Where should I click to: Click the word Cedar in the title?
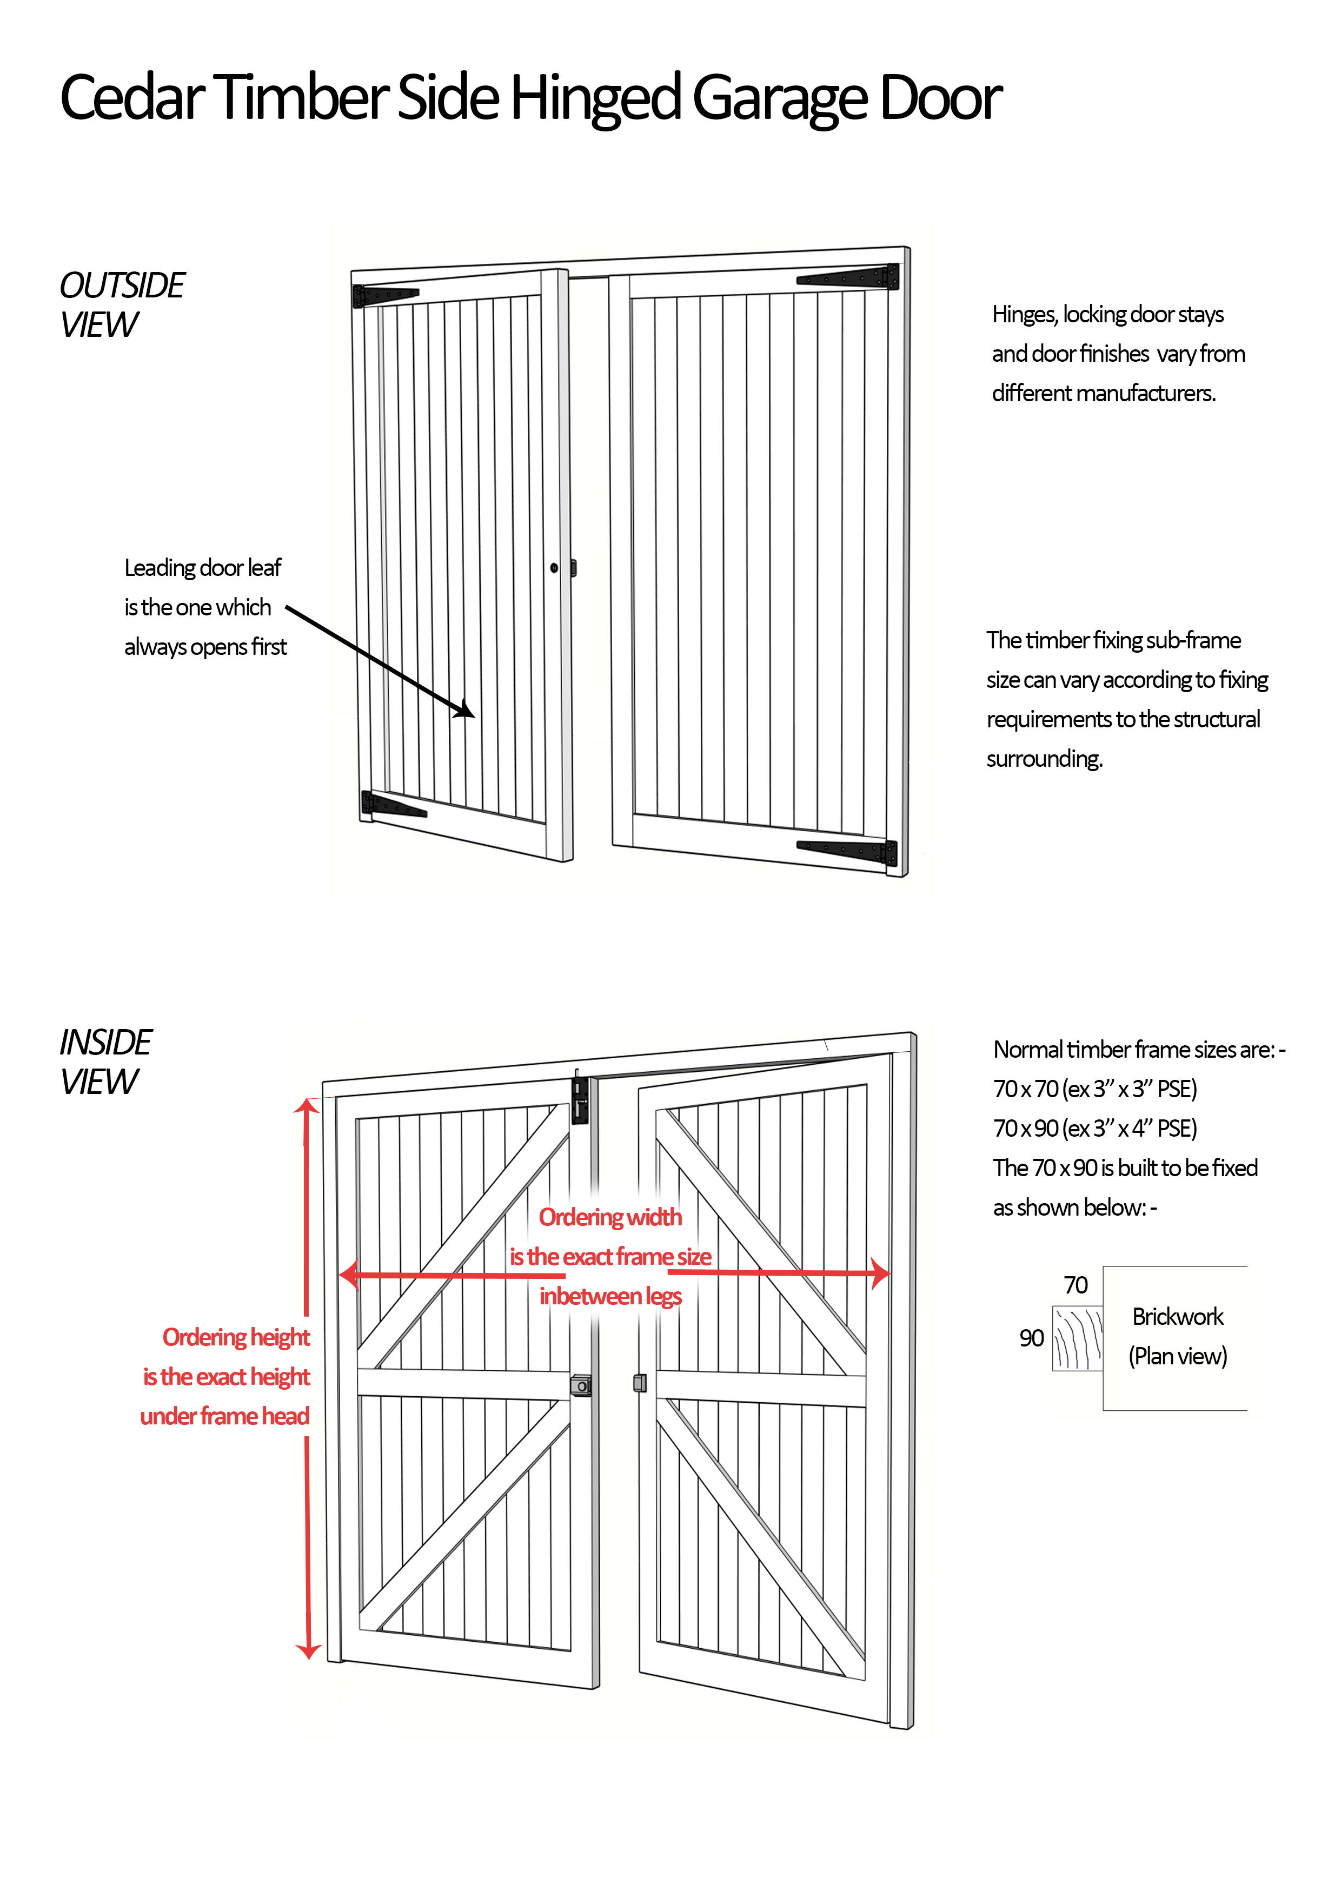(x=132, y=97)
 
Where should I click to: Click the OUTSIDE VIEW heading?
(x=122, y=304)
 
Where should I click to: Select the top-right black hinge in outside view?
(x=851, y=277)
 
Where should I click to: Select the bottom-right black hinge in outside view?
(x=851, y=850)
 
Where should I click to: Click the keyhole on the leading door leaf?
(x=554, y=568)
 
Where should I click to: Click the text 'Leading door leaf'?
(x=202, y=568)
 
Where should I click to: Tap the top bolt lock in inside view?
(x=580, y=1100)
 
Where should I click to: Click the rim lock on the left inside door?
(x=581, y=1385)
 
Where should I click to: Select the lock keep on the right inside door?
(x=639, y=1382)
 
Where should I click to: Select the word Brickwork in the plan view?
(x=1177, y=1316)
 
